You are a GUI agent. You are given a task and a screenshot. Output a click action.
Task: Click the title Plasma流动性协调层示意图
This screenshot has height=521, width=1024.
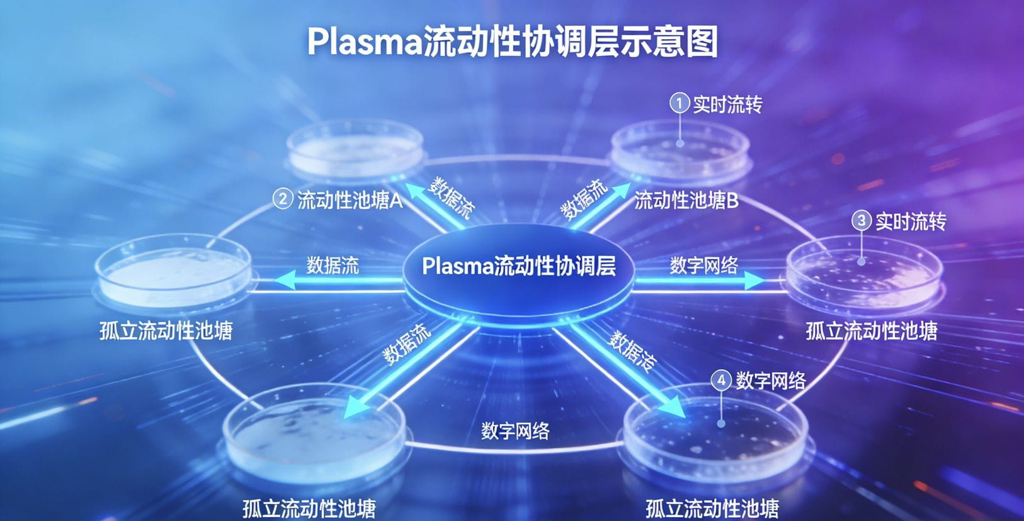click(512, 42)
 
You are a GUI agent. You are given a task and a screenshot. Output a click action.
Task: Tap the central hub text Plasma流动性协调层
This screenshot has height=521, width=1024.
click(518, 266)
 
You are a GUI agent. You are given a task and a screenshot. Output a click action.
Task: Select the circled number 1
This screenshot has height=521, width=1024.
click(679, 103)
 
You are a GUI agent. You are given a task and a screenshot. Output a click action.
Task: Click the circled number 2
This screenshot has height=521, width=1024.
click(282, 199)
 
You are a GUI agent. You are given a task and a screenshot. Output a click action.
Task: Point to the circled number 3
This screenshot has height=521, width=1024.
click(861, 221)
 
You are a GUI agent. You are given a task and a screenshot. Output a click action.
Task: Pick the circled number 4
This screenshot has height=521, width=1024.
click(721, 380)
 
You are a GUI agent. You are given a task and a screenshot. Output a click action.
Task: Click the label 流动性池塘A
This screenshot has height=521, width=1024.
click(350, 201)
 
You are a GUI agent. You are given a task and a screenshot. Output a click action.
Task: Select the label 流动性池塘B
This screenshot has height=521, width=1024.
click(686, 201)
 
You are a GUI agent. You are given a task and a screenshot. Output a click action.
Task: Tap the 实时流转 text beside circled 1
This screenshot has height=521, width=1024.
click(727, 104)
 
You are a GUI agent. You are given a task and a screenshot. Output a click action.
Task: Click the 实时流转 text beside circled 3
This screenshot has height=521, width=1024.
click(911, 221)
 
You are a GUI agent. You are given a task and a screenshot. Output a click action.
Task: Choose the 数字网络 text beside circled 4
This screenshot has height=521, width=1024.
click(771, 381)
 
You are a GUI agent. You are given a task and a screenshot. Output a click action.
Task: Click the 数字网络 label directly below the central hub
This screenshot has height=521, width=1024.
click(515, 431)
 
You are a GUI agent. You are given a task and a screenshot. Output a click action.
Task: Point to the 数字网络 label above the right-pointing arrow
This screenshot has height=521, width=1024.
click(703, 266)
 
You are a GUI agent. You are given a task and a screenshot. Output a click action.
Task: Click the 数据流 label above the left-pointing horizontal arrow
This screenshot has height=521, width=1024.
click(333, 265)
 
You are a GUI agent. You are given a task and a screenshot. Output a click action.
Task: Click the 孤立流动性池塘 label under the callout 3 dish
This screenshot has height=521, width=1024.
click(872, 331)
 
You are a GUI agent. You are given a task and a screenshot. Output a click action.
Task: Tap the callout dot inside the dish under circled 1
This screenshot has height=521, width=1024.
click(680, 143)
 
